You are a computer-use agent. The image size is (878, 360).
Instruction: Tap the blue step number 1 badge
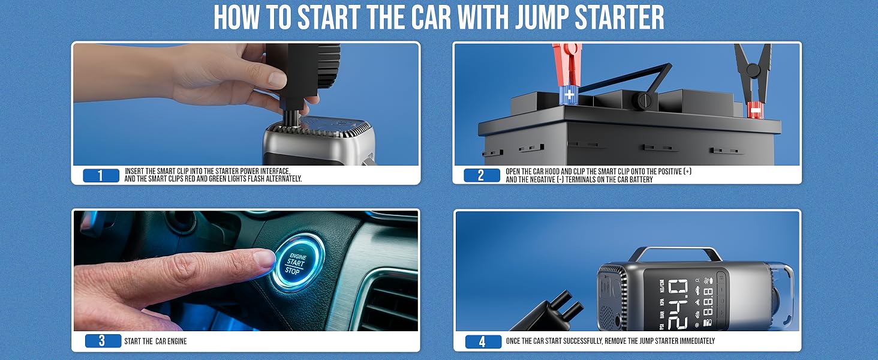[x=101, y=175]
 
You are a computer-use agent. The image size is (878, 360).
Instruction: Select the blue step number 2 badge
[x=482, y=175]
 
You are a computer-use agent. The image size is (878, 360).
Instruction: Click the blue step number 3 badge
[x=103, y=341]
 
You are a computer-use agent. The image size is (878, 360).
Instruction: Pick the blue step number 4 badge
[x=483, y=341]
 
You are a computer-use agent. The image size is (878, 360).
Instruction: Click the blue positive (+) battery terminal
[x=569, y=95]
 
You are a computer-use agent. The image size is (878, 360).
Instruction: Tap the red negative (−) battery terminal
[x=754, y=110]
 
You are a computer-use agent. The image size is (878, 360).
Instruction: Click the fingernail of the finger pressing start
[x=264, y=259]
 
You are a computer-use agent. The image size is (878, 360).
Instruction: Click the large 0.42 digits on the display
[x=678, y=304]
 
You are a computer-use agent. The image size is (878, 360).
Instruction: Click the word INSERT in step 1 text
[x=134, y=172]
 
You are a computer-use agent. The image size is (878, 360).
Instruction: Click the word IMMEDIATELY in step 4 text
[x=697, y=341]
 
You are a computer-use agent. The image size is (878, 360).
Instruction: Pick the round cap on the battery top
[x=645, y=101]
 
